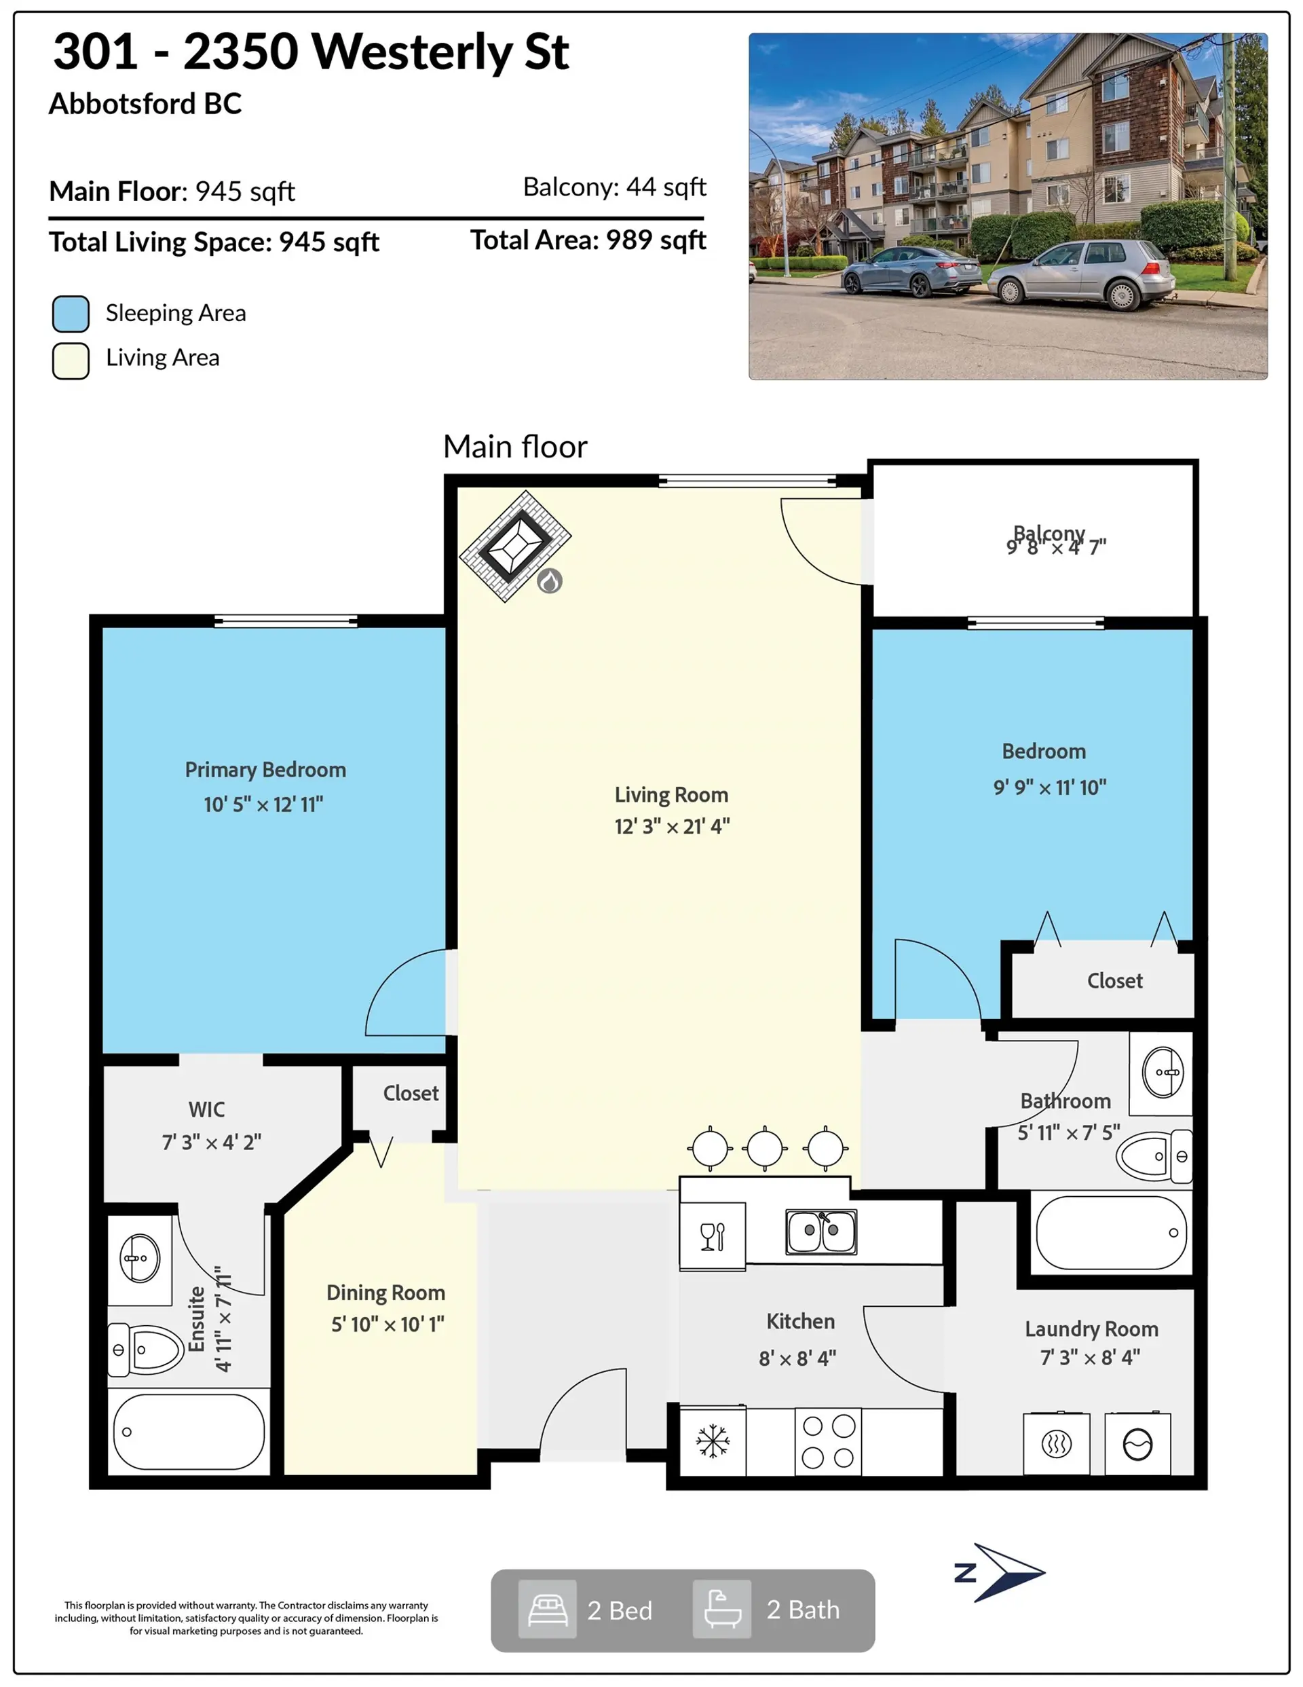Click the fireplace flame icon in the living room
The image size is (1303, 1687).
[x=549, y=581]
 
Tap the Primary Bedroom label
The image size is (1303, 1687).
[x=265, y=770]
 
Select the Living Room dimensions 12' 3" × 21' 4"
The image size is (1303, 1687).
[x=672, y=826]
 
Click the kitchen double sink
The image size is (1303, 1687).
[x=821, y=1231]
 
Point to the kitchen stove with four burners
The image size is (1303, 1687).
[x=828, y=1441]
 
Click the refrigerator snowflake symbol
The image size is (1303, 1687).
[x=712, y=1441]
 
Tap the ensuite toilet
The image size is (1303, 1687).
[x=147, y=1350]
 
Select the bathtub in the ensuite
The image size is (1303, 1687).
[x=189, y=1432]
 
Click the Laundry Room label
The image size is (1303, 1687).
[x=1091, y=1329]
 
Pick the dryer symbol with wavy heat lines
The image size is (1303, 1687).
[x=1056, y=1444]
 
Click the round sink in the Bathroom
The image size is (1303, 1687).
[x=1163, y=1072]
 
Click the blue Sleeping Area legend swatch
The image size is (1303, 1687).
[x=71, y=314]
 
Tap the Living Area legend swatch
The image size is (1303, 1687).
[x=71, y=360]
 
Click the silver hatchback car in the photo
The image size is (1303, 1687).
[x=1081, y=274]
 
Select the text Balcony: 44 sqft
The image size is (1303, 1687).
[x=614, y=187]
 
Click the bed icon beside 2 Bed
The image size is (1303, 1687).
[x=548, y=1610]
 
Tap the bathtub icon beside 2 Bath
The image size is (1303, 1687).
[x=722, y=1610]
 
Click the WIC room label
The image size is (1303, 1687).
[x=206, y=1109]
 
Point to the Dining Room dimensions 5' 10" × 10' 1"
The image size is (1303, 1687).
[x=388, y=1324]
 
